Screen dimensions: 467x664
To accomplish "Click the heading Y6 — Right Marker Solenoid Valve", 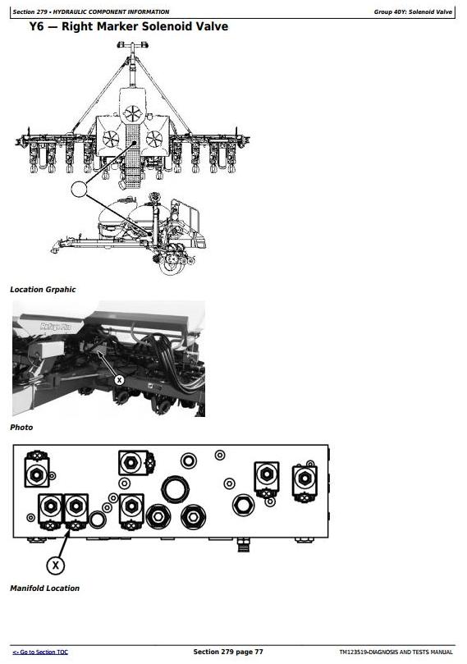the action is pos(129,26).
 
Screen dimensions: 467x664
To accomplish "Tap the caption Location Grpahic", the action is pos(43,290).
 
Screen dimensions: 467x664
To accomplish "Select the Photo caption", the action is pos(21,428).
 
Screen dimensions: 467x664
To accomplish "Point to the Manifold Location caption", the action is pos(44,588).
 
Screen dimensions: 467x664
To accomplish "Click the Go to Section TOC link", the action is pos(40,653).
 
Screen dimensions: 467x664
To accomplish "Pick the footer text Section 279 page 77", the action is pos(228,652).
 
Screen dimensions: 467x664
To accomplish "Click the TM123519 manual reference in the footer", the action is pos(396,653).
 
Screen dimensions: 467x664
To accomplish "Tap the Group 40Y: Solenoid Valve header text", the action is pos(413,11).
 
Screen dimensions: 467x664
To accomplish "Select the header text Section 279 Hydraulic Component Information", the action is pos(90,11).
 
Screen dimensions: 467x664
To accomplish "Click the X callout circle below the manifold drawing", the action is pos(55,566).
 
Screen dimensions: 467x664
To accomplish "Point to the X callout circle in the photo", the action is pos(119,380).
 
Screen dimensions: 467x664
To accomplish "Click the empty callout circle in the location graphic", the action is pos(79,189).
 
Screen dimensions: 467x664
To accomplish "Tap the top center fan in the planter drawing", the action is pos(133,113).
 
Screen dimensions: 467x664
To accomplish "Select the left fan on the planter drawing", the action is pos(111,139).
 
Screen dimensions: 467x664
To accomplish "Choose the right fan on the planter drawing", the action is pos(154,139).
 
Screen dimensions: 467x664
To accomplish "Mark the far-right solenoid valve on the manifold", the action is pos(304,483).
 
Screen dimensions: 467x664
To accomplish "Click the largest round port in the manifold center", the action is pos(174,489).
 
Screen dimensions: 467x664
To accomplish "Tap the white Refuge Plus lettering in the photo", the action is pos(56,327).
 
